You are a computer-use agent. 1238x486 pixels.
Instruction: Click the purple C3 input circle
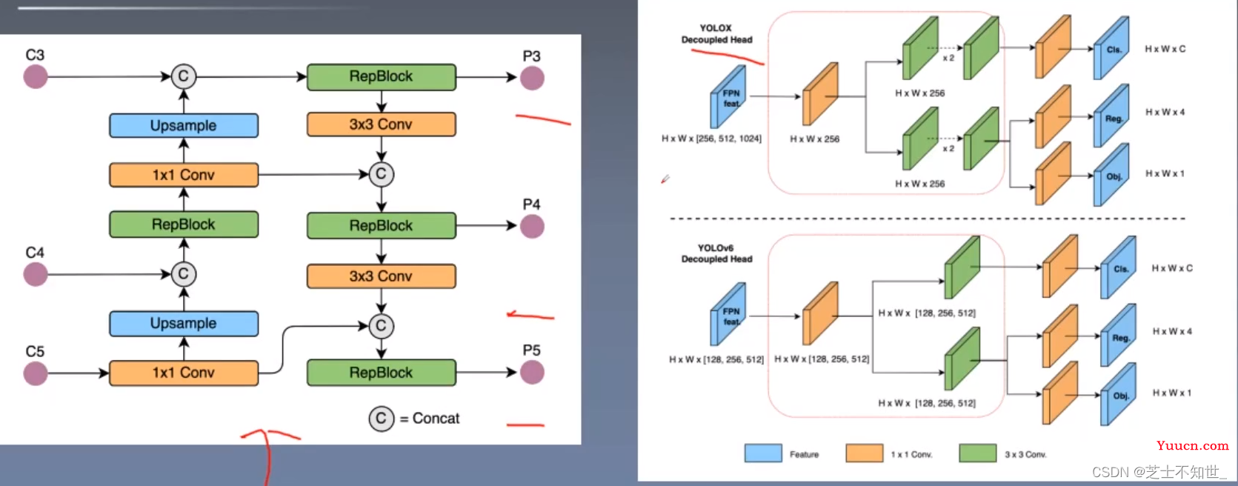[x=36, y=76]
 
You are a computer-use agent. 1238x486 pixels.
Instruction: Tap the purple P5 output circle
[x=532, y=372]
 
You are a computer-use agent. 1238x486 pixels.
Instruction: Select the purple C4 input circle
[x=36, y=274]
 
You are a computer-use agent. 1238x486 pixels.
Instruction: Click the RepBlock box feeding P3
[x=382, y=77]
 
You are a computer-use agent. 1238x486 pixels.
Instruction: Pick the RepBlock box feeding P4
[x=382, y=225]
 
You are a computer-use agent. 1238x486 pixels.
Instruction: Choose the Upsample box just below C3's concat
[x=184, y=125]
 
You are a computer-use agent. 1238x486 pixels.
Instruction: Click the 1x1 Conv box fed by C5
[x=184, y=373]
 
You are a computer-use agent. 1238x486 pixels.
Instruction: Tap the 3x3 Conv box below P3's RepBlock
[x=382, y=124]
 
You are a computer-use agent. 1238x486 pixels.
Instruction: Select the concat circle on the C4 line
[x=184, y=273]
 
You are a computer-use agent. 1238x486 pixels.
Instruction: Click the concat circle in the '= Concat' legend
[x=382, y=419]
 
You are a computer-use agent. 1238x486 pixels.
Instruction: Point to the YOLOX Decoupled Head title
[x=716, y=34]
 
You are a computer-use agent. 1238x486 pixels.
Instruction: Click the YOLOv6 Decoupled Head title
[x=716, y=253]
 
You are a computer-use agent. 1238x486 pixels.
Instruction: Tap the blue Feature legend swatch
[x=763, y=453]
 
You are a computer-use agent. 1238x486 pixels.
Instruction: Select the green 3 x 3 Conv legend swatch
[x=978, y=453]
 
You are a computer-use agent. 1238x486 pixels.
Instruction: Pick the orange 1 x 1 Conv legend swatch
[x=865, y=453]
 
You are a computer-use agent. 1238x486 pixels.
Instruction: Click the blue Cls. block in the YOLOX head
[x=1111, y=48]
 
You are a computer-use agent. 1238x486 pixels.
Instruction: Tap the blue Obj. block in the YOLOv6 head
[x=1118, y=394]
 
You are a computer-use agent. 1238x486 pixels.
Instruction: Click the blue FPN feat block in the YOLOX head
[x=728, y=97]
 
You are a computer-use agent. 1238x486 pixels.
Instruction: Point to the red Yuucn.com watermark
[x=1192, y=446]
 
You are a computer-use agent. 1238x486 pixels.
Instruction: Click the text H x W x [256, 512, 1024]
[x=711, y=139]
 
